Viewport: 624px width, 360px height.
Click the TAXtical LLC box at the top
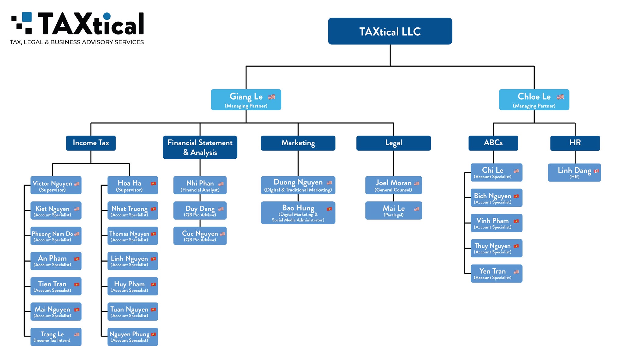point(390,31)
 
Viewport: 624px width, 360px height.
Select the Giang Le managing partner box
point(246,100)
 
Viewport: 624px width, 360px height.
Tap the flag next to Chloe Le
point(560,97)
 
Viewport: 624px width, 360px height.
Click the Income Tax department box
point(91,143)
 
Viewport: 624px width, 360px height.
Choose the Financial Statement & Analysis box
point(200,147)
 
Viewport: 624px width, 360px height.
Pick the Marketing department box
point(298,143)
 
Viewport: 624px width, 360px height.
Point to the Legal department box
point(393,143)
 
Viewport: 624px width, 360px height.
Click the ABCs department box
point(493,143)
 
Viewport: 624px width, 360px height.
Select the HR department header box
point(575,143)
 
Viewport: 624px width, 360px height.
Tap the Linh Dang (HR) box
point(574,172)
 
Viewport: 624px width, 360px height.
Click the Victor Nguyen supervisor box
point(56,185)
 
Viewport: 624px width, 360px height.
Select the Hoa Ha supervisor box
point(133,185)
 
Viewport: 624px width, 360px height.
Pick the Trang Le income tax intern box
point(56,337)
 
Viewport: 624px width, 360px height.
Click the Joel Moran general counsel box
point(393,185)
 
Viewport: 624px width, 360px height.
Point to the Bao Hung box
point(298,213)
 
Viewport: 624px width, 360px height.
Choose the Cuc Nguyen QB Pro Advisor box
point(200,235)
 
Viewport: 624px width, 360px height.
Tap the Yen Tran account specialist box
point(496,274)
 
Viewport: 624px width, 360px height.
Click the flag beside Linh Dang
point(596,171)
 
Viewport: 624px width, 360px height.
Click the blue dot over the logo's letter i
point(107,16)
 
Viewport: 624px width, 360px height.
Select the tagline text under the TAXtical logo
point(77,42)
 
